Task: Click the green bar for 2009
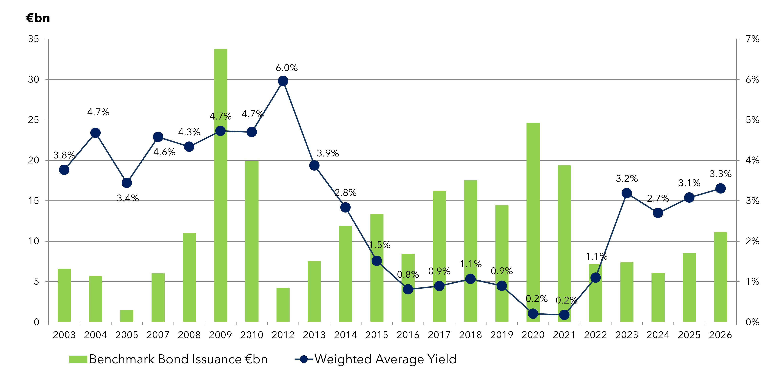pyautogui.click(x=220, y=185)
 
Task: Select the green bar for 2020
pyautogui.click(x=533, y=222)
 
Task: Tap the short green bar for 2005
pyautogui.click(x=127, y=316)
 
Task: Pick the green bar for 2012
pyautogui.click(x=283, y=305)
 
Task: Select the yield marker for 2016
pyautogui.click(x=408, y=289)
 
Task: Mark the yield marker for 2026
pyautogui.click(x=720, y=188)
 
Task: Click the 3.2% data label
pyautogui.click(x=627, y=178)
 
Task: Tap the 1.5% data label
pyautogui.click(x=380, y=245)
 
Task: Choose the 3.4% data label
pyautogui.click(x=128, y=198)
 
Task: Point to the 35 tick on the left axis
pyautogui.click(x=33, y=39)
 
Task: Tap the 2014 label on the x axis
pyautogui.click(x=345, y=335)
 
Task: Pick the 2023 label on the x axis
pyautogui.click(x=627, y=335)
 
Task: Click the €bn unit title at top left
pyautogui.click(x=38, y=18)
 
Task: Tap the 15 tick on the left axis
pyautogui.click(x=33, y=201)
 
